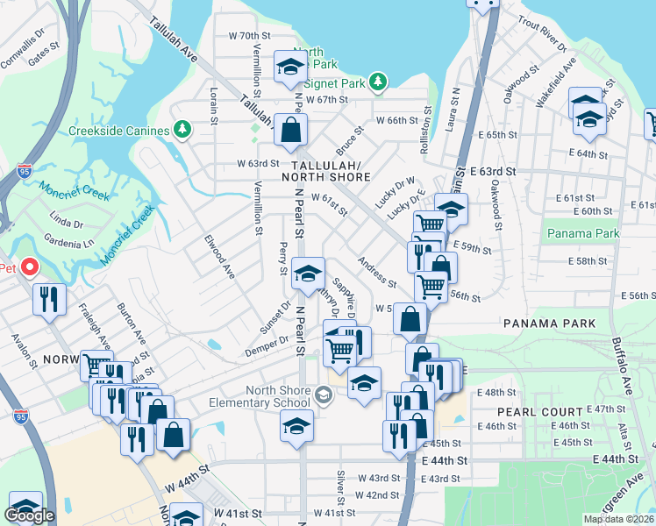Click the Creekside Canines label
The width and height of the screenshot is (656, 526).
[118, 131]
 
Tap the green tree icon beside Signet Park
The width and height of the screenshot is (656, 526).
[378, 82]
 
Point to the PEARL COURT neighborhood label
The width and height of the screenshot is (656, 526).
[540, 411]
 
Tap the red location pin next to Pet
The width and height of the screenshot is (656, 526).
[30, 266]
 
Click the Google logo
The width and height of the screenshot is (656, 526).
[29, 515]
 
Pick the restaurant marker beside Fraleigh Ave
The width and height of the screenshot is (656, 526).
[49, 299]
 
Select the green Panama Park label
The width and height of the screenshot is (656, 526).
[583, 233]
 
